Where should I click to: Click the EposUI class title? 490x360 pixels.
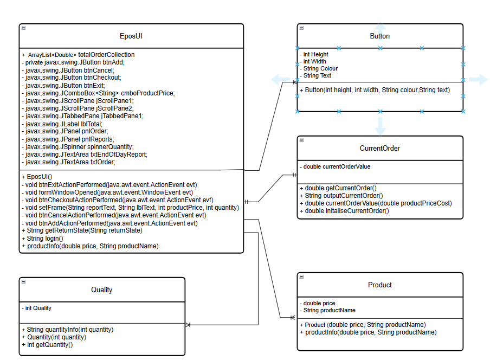[x=131, y=36]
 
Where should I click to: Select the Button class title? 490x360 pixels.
[x=379, y=36]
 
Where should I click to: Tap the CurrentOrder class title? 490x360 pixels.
[x=379, y=148]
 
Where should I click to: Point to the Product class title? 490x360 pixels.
[x=379, y=285]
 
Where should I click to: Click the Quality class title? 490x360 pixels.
[x=101, y=290]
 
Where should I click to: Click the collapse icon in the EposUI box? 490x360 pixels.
[x=23, y=28]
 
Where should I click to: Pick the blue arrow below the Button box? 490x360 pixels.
[x=381, y=126]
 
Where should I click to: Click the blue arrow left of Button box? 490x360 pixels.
[x=281, y=80]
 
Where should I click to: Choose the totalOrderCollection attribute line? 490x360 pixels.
[x=78, y=55]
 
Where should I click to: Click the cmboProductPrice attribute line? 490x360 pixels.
[x=98, y=93]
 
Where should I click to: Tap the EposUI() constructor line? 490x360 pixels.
[x=37, y=177]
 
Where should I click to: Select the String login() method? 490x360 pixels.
[x=42, y=238]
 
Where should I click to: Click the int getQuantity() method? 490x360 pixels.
[x=47, y=344]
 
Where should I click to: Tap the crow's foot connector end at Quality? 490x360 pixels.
[x=188, y=325]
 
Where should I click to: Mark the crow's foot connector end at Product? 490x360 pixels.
[x=293, y=317]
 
